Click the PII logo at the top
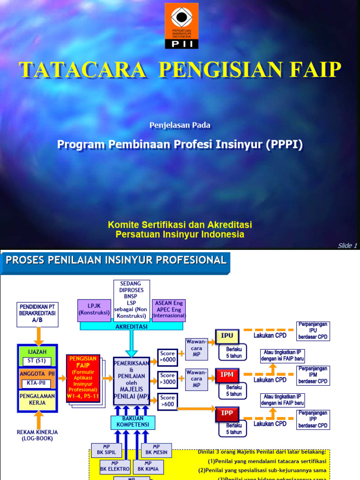coord(181,26)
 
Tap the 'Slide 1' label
coord(347,246)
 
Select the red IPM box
coord(227,375)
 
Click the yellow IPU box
coord(227,336)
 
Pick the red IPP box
coord(227,413)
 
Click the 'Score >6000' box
coord(168,357)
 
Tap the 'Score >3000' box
coord(168,378)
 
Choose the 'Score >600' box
coord(168,401)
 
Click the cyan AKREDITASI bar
coord(132,326)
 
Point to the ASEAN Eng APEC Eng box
coord(169,309)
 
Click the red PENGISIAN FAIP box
coord(83,374)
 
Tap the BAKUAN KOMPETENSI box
coord(130,421)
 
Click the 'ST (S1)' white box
coord(37,361)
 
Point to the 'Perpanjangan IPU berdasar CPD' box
coord(314,330)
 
